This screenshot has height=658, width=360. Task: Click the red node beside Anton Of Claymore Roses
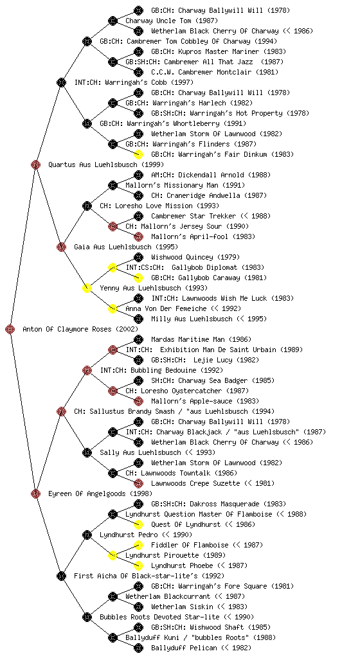click(x=10, y=330)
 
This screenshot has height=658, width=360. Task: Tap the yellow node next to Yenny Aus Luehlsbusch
click(x=87, y=289)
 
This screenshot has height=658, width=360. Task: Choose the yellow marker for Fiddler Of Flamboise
click(x=138, y=545)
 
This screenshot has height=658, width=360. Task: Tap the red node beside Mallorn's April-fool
click(x=138, y=236)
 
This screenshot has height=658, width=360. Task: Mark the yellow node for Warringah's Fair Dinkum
click(x=138, y=154)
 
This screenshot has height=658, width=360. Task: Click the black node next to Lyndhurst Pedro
click(x=87, y=535)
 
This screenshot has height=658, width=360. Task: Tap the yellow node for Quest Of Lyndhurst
click(x=138, y=524)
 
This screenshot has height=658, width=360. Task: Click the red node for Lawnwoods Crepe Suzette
click(x=138, y=483)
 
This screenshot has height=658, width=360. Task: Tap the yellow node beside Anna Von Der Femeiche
click(x=113, y=309)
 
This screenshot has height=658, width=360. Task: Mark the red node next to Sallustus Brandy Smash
click(x=61, y=412)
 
